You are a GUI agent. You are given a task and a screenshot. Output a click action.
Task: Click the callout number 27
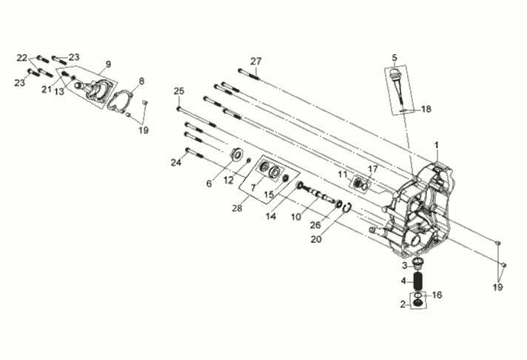tap(256, 61)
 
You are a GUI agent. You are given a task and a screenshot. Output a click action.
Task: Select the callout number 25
tap(179, 91)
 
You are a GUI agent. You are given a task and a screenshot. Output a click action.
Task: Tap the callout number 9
tap(108, 64)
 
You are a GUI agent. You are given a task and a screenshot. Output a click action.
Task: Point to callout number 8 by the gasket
tap(141, 81)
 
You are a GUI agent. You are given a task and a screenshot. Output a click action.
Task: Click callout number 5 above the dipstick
tap(395, 58)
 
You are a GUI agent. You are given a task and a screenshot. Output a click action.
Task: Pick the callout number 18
tap(426, 109)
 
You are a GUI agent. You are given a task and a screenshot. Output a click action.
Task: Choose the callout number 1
tap(437, 145)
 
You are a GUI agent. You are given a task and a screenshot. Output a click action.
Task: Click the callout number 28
tap(237, 208)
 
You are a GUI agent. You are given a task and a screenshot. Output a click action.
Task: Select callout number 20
tap(316, 239)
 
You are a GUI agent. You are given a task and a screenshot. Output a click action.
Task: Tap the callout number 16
tap(437, 295)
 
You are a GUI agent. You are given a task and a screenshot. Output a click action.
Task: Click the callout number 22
tap(22, 58)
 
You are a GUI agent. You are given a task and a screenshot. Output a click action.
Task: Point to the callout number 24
tap(176, 163)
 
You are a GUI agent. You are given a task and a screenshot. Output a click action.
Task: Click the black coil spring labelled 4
tap(418, 281)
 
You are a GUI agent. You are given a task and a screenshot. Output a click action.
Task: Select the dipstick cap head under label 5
tap(395, 73)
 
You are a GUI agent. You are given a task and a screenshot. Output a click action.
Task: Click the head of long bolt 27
tap(241, 70)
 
